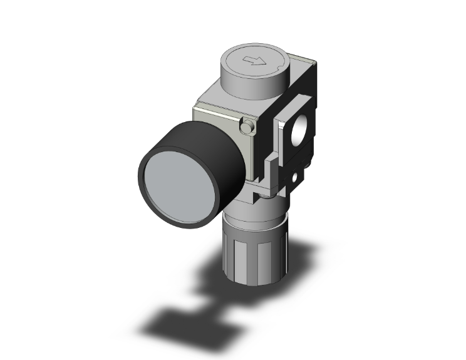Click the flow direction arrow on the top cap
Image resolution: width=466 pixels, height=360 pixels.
pyautogui.click(x=254, y=61)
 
